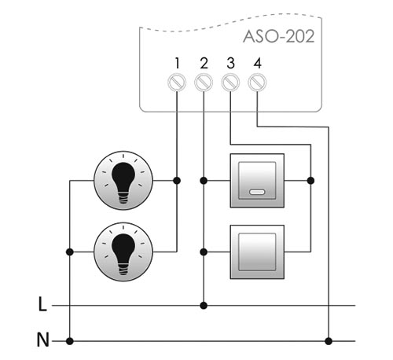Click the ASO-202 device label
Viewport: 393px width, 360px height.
tap(279, 36)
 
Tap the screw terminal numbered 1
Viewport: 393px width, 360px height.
tap(177, 83)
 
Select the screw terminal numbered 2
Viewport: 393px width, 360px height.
tap(204, 83)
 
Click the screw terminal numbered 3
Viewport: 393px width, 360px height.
tap(230, 83)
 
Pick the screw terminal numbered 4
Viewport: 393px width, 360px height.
tap(257, 83)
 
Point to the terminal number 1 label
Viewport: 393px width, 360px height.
tap(178, 64)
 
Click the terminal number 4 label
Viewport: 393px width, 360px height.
tap(258, 64)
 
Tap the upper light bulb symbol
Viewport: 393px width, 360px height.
tap(123, 180)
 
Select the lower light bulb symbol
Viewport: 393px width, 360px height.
tap(123, 252)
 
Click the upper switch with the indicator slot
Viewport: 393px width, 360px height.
tap(257, 181)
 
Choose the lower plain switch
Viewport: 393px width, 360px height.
tap(257, 252)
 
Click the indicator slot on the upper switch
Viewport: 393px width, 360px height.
tap(257, 192)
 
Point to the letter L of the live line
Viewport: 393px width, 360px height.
tap(42, 304)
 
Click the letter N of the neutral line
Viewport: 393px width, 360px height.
tap(42, 340)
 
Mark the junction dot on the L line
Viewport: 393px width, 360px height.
tap(204, 305)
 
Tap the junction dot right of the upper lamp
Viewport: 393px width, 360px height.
tap(177, 181)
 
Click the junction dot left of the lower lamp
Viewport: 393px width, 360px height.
tap(70, 252)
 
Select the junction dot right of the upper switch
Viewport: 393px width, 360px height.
tap(310, 181)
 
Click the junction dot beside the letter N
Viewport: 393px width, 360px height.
tap(70, 341)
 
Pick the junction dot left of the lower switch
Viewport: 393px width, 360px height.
tap(204, 252)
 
